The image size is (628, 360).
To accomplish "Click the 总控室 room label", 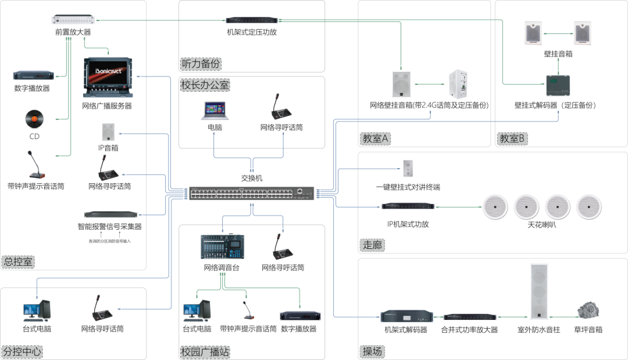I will coord(17,262).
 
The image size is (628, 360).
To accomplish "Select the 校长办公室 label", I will coord(205,85).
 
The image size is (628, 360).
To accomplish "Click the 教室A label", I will coord(376,139).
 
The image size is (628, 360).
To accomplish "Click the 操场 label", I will coord(372,352).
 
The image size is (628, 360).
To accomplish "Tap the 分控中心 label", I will coord(22,352).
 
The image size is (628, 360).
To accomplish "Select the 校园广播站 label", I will coord(205,352).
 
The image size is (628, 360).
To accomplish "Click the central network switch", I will coord(251,194).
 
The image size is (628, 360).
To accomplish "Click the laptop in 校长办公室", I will coord(215,111).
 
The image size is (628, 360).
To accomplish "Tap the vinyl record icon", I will coord(34,119).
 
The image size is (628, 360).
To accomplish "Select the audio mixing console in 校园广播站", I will coord(222,247).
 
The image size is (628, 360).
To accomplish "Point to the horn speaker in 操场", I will coord(587,310).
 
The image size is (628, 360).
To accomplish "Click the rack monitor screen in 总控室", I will coord(108,76).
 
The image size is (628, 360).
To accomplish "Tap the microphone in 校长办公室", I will coord(283,106).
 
